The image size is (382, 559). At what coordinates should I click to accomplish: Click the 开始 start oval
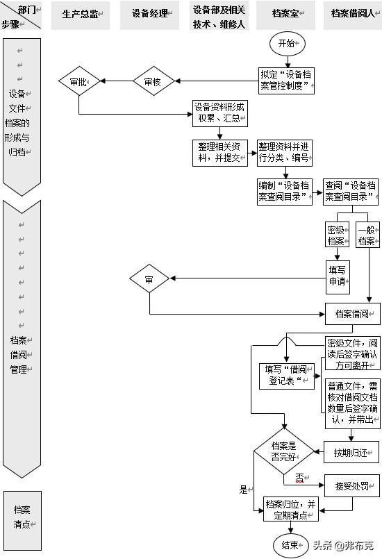(286, 43)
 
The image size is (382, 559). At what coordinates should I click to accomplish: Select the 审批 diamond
(78, 82)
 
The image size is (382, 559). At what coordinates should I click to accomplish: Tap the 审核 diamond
(152, 82)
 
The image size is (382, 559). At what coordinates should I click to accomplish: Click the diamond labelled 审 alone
(149, 279)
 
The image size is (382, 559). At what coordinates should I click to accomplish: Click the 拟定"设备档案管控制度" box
(285, 81)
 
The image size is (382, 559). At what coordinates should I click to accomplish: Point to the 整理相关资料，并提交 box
(219, 153)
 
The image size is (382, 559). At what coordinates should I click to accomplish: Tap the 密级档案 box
(336, 235)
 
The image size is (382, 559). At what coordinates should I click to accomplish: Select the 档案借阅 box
(352, 312)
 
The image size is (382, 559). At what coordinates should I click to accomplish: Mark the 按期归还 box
(351, 453)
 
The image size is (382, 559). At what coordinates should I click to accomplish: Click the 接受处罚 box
(351, 485)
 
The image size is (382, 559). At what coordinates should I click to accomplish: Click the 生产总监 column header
(81, 14)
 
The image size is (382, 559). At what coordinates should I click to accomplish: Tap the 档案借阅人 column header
(351, 14)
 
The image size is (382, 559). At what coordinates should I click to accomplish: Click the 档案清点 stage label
(22, 517)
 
